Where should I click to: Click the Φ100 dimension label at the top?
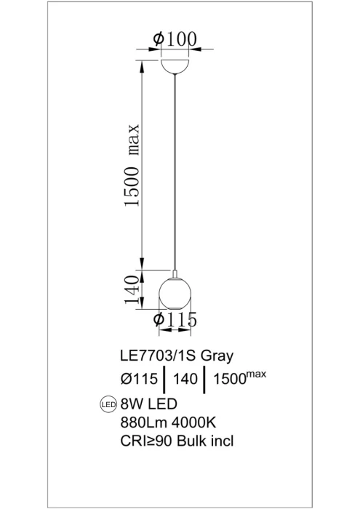pyautogui.click(x=175, y=39)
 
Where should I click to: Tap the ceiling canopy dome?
pyautogui.click(x=175, y=65)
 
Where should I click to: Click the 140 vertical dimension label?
pyautogui.click(x=132, y=290)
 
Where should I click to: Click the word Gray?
pyautogui.click(x=217, y=357)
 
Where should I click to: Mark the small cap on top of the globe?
pyautogui.click(x=175, y=273)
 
